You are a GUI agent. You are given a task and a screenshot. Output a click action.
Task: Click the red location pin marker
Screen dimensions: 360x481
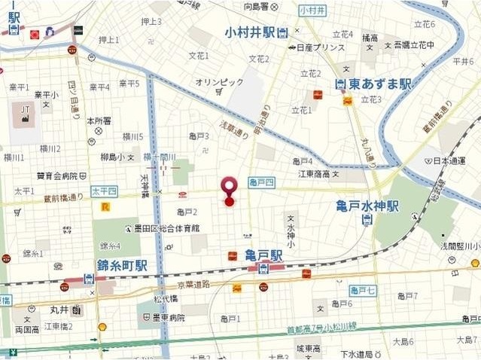pyautogui.click(x=229, y=189)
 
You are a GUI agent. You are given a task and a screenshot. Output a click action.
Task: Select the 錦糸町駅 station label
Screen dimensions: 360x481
pyautogui.click(x=121, y=265)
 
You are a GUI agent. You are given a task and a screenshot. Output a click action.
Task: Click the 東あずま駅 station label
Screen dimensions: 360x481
pyautogui.click(x=380, y=84)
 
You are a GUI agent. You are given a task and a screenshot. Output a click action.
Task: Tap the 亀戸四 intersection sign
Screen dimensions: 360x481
pyautogui.click(x=262, y=182)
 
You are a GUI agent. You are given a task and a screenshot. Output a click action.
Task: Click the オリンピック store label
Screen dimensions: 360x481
pyautogui.click(x=219, y=81)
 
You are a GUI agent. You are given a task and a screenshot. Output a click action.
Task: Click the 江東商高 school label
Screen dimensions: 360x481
pyautogui.click(x=315, y=175)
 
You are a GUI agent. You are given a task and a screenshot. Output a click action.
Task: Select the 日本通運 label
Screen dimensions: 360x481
pyautogui.click(x=449, y=161)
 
